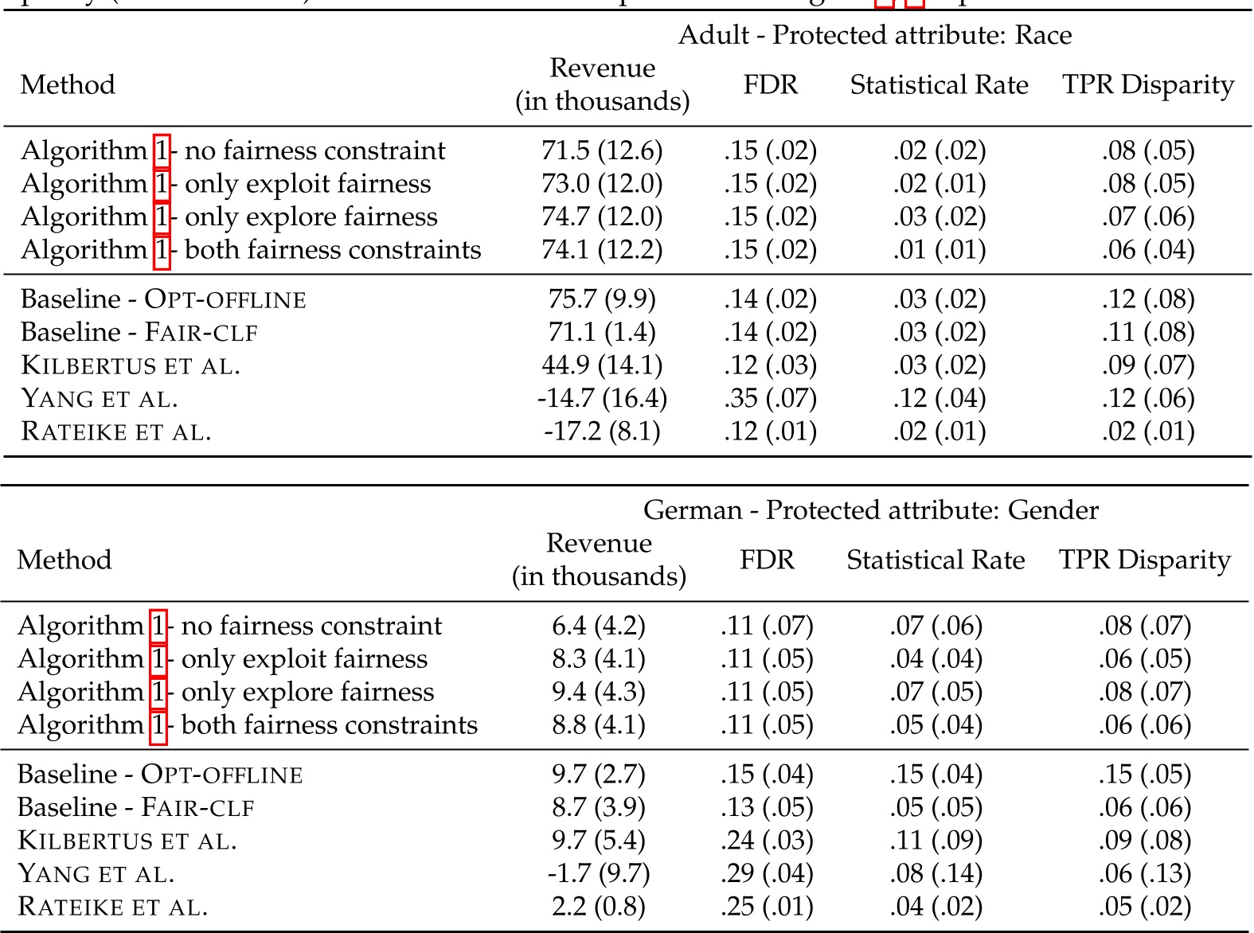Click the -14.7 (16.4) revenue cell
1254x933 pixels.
[602, 398]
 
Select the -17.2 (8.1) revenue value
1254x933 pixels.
[602, 431]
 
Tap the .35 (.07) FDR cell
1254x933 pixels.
[770, 398]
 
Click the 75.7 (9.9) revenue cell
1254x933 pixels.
[602, 299]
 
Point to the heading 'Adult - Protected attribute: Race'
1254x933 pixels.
[874, 35]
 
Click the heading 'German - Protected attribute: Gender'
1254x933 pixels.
[870, 510]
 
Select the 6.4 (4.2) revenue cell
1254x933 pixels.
[599, 627]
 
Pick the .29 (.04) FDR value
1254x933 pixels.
[767, 874]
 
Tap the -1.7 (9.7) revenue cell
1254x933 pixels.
[599, 874]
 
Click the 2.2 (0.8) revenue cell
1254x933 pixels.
[599, 907]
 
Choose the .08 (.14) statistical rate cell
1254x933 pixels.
[936, 874]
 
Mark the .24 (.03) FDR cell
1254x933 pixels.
[767, 841]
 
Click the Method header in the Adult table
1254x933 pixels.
[68, 85]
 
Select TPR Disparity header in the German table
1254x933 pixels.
[1144, 560]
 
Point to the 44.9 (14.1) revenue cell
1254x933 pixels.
[602, 365]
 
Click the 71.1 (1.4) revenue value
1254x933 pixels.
[602, 332]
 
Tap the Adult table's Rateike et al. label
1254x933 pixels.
[116, 431]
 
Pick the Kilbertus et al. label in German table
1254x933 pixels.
[127, 841]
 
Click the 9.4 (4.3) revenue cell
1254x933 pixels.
[599, 693]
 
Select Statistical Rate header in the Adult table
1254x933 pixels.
[939, 85]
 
